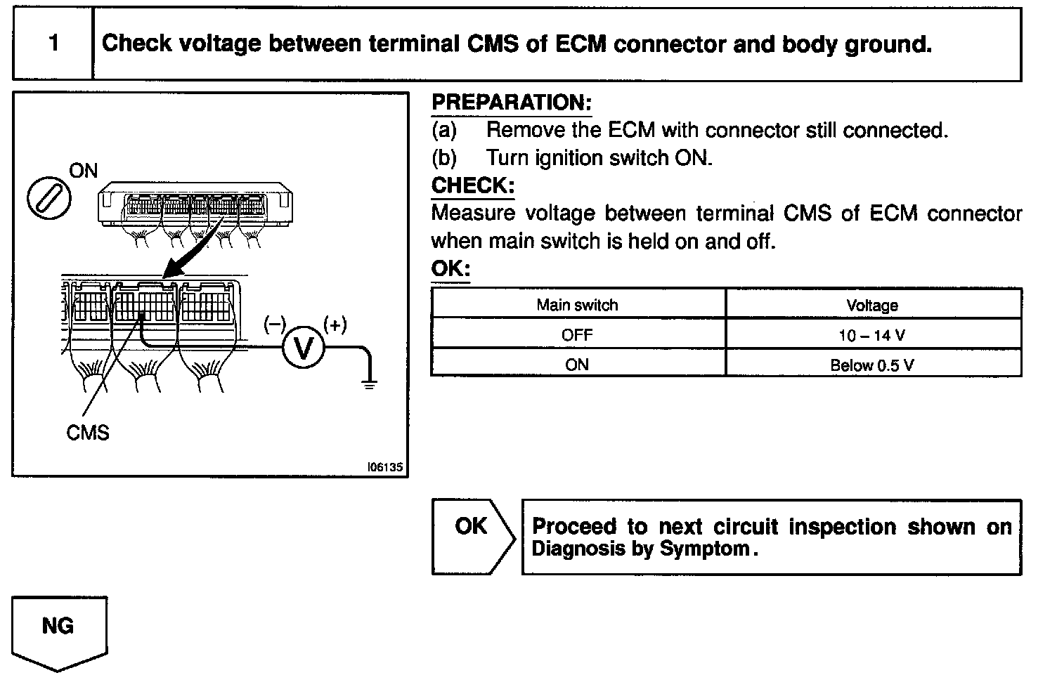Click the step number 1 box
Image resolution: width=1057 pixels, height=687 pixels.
point(53,44)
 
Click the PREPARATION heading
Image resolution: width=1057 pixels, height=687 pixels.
point(512,103)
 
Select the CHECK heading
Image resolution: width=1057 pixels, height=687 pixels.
point(472,186)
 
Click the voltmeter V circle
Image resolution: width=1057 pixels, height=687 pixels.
point(304,347)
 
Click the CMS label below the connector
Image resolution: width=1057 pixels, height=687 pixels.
point(88,432)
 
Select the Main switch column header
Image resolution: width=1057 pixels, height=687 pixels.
point(577,305)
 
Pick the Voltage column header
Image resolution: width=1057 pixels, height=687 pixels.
point(872,306)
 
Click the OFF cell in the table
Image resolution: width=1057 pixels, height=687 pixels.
point(577,335)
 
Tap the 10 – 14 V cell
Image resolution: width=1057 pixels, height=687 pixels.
point(872,336)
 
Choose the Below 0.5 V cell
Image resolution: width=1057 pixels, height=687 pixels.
point(872,365)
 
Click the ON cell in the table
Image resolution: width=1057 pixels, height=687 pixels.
point(577,365)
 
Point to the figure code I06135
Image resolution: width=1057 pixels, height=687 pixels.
point(385,467)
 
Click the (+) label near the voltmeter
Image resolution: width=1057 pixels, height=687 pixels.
point(335,325)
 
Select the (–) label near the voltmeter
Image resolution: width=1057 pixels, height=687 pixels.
point(275,325)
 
